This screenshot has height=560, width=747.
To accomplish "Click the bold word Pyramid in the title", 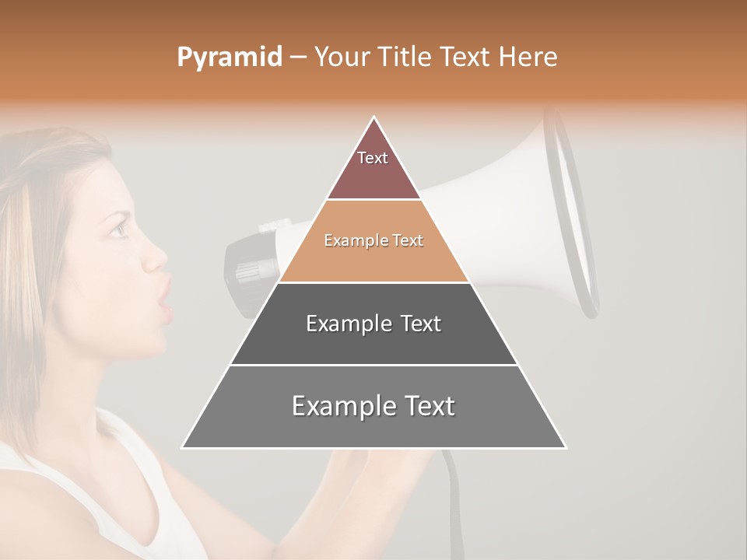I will [229, 58].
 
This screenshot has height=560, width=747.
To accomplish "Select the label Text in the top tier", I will [373, 158].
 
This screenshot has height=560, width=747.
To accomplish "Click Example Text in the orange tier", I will [373, 241].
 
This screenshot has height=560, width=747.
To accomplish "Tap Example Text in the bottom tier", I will [373, 406].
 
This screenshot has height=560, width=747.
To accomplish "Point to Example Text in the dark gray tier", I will [373, 324].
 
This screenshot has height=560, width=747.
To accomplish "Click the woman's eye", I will [118, 229].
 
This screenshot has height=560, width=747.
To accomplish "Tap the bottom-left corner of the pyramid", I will [183, 447].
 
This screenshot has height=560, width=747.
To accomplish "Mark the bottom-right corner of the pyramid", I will [566, 447].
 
